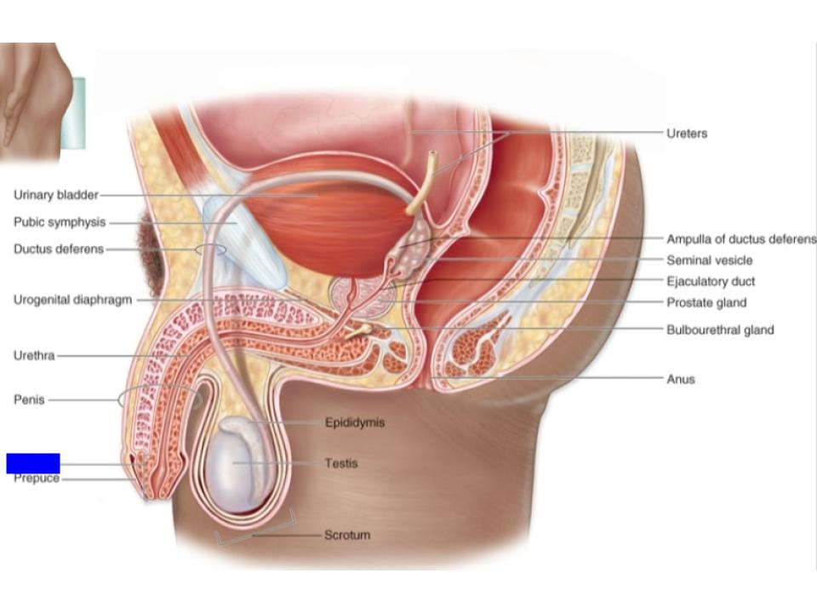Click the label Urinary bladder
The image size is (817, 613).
(56, 195)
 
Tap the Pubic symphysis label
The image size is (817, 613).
(60, 222)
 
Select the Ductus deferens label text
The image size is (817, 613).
(59, 249)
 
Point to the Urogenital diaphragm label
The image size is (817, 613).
(72, 301)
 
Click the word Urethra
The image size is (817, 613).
(34, 355)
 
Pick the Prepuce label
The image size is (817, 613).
(37, 479)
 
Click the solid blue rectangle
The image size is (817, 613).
(33, 463)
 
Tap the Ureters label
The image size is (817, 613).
(687, 134)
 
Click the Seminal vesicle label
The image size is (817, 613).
(710, 261)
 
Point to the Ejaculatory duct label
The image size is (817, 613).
(711, 281)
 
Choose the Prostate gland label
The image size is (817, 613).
(706, 302)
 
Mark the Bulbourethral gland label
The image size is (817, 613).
(720, 329)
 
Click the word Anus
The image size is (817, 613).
(681, 379)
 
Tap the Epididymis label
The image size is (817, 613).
(355, 422)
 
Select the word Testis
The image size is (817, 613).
(341, 464)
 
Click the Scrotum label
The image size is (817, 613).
(347, 536)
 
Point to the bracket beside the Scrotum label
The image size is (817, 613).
(255, 530)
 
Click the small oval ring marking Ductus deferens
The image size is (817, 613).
(210, 249)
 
